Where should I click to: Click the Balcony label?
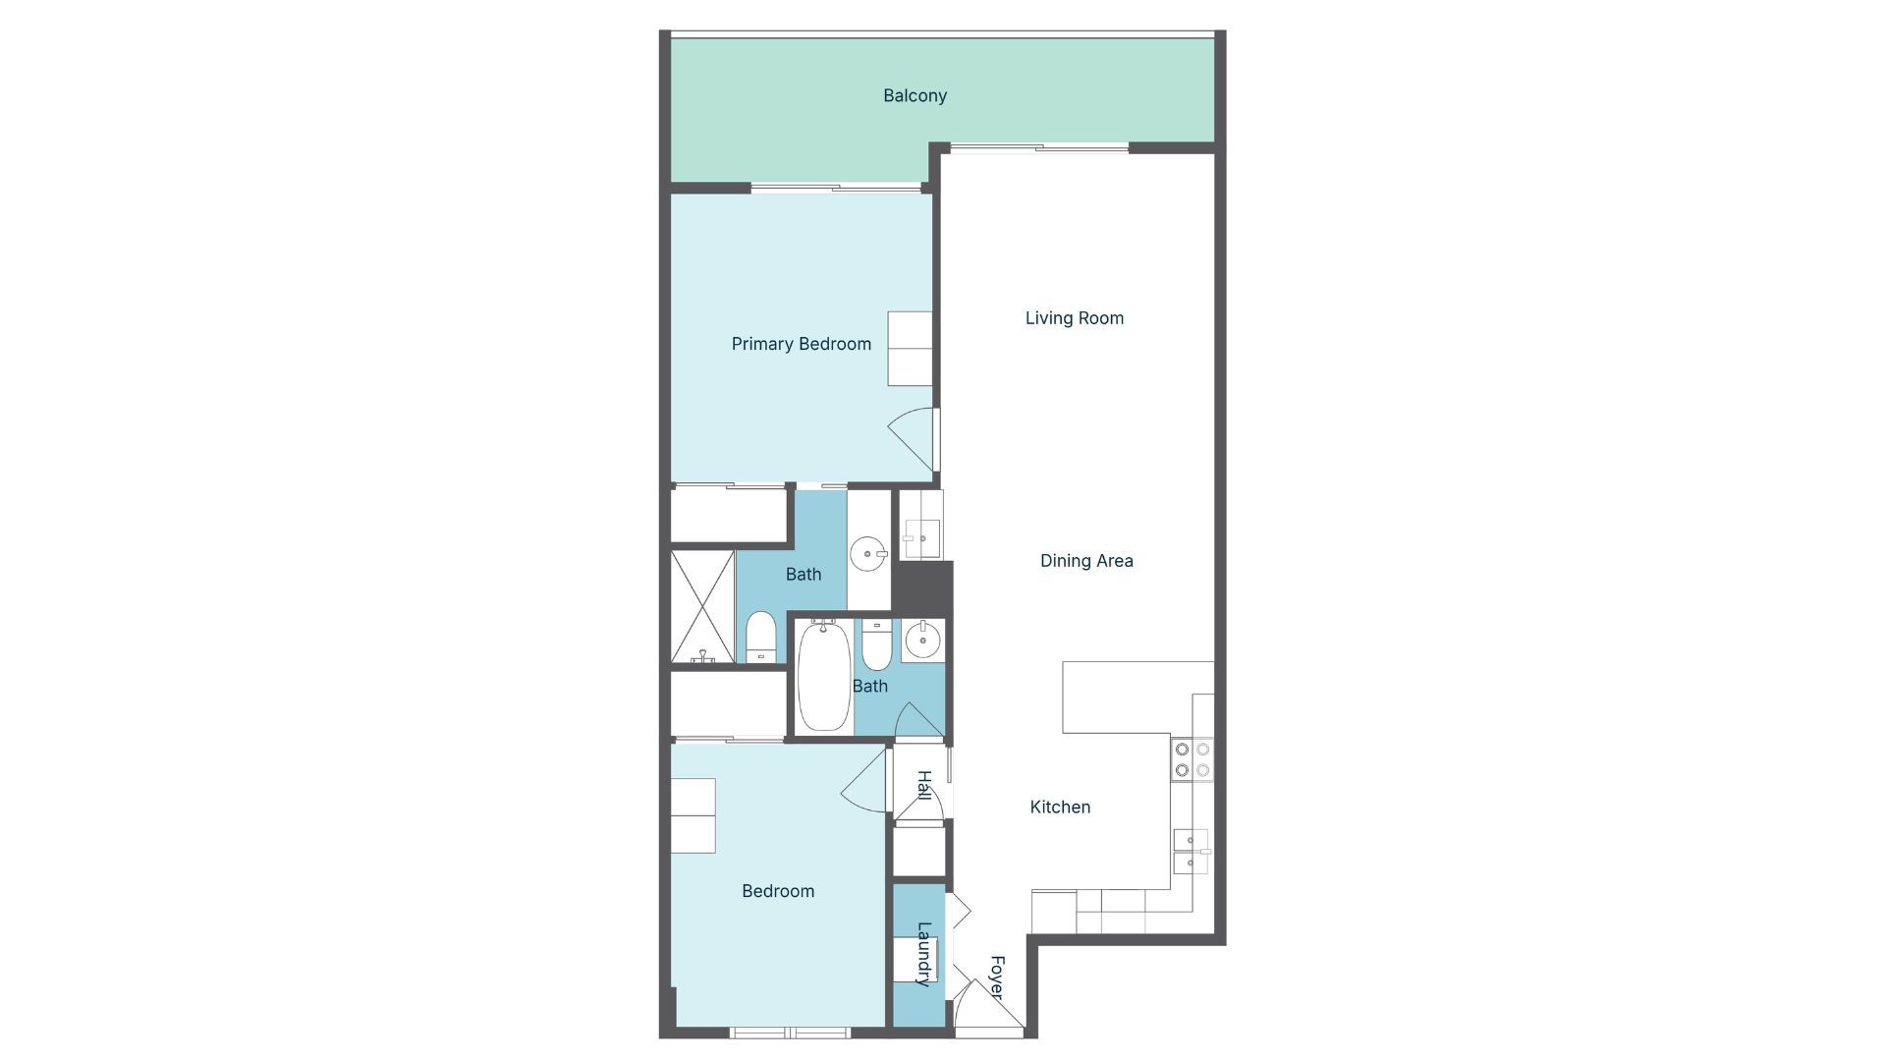click(915, 95)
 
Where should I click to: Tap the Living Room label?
click(1074, 317)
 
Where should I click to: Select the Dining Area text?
click(1086, 560)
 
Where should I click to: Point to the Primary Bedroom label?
click(801, 344)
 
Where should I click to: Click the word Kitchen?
click(1060, 807)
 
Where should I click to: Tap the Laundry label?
click(923, 953)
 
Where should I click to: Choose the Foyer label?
click(996, 977)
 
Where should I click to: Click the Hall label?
click(923, 785)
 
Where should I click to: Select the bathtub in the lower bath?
click(823, 676)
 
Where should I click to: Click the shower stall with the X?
click(702, 606)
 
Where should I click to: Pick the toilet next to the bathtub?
click(876, 644)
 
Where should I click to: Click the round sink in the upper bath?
click(868, 554)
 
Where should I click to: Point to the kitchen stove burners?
click(1192, 759)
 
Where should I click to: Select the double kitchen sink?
click(1191, 852)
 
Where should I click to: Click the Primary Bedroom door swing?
click(913, 437)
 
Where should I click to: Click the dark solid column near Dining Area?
click(922, 586)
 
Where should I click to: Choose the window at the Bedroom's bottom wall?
click(790, 1033)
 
